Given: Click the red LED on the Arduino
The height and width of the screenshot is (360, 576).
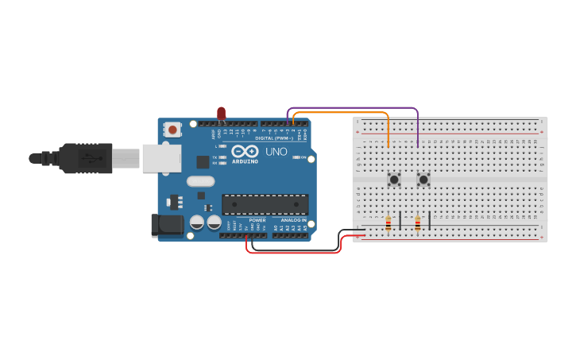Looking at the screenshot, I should tap(222, 114).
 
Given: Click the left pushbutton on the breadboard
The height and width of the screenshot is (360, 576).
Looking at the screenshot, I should tap(393, 180).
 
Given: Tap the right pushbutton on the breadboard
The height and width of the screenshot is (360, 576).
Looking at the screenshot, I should tap(423, 180).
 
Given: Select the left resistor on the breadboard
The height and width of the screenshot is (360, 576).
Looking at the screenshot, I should tap(388, 224).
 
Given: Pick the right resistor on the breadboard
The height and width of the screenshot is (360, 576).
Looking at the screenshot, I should tap(417, 224).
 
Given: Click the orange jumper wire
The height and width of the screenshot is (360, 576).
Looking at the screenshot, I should tap(342, 113).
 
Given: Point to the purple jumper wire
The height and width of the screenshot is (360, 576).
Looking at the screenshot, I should tap(350, 107).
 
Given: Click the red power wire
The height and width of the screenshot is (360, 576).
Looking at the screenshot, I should tap(294, 253).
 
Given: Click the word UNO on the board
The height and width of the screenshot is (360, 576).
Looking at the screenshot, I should tap(276, 151).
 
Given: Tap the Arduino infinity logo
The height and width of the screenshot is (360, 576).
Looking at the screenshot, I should tap(245, 150).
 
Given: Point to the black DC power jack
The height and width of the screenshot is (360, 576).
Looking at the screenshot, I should tap(168, 225).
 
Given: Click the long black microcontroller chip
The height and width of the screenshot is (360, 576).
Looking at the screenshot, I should tap(265, 204).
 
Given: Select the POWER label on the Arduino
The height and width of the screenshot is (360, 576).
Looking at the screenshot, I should tap(257, 220).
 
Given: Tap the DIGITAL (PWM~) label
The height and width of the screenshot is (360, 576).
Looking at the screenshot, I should tap(274, 137).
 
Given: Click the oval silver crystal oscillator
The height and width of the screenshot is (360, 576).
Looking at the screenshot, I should tap(201, 181).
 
